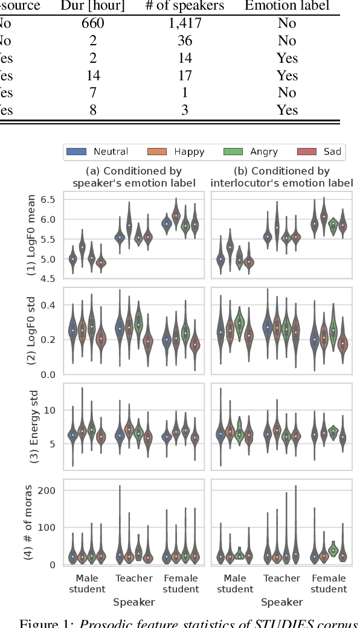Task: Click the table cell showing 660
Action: click(93, 24)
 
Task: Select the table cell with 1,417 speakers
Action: click(185, 24)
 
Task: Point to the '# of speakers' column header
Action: click(185, 6)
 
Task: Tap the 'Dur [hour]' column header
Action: click(92, 6)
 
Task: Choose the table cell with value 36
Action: click(185, 41)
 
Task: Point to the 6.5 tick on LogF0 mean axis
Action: click(48, 200)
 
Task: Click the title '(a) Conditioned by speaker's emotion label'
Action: click(134, 177)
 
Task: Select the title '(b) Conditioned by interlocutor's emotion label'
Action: click(281, 177)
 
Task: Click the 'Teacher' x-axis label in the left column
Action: click(134, 578)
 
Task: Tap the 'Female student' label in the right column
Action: click(330, 583)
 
